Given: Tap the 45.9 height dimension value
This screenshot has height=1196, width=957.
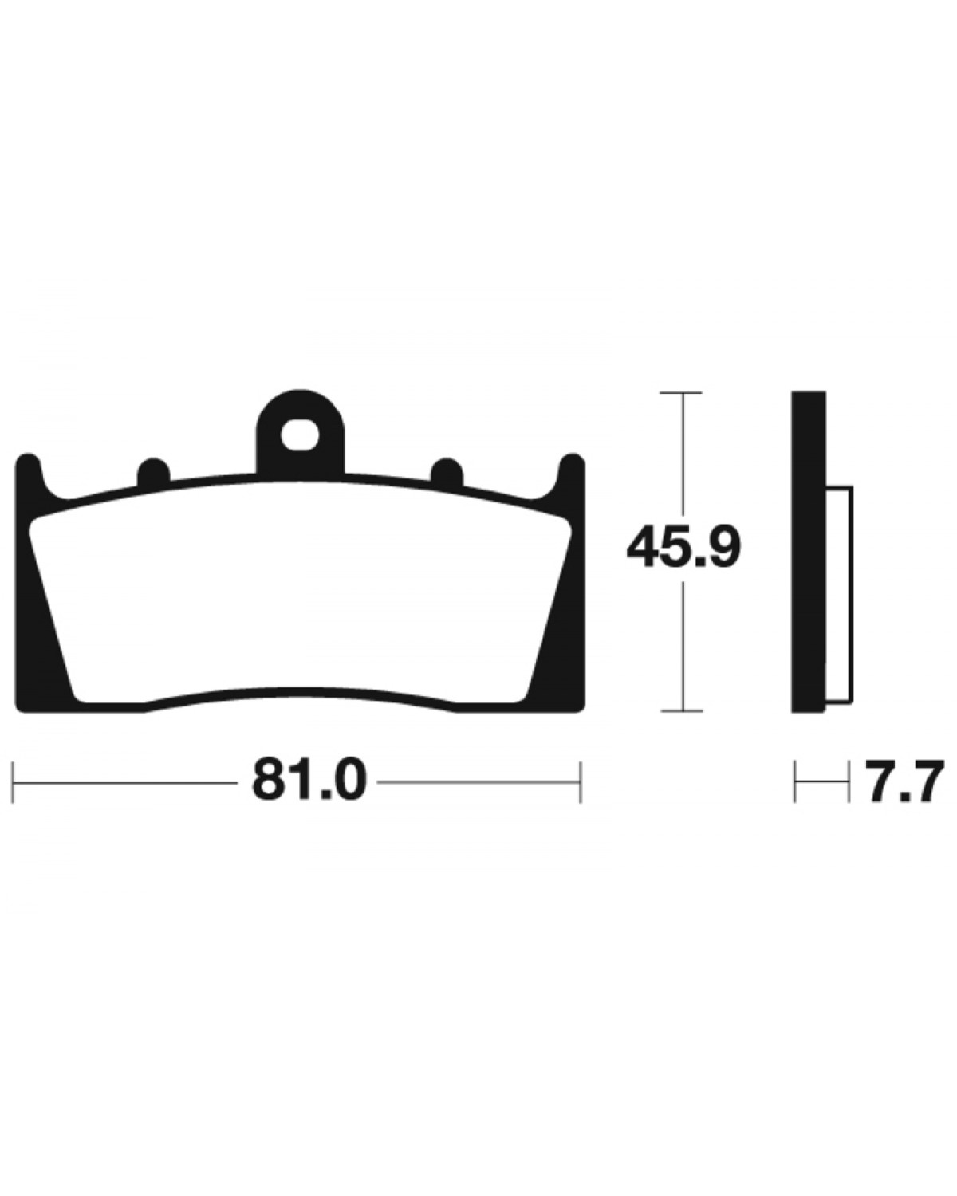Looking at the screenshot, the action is [x=683, y=549].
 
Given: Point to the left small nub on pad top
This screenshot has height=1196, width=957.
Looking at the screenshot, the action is [x=154, y=472].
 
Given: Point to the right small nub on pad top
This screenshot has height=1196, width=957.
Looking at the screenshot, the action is [x=447, y=472].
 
